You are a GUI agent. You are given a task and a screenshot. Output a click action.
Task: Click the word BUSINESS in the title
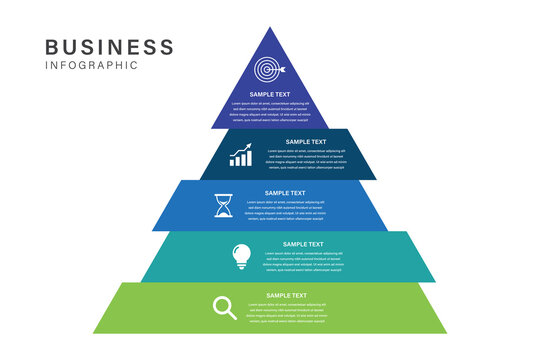tap(110, 46)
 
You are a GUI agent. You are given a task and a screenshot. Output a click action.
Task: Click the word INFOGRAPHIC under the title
tap(92, 66)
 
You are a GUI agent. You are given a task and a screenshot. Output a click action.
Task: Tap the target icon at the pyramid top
tap(268, 70)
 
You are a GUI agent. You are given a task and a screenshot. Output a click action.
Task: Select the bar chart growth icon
tap(241, 156)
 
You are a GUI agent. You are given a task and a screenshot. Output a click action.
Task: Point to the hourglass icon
tap(222, 206)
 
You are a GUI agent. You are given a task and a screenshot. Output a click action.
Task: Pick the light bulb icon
tap(241, 256)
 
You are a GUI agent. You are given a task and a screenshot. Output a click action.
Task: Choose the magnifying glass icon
tap(225, 307)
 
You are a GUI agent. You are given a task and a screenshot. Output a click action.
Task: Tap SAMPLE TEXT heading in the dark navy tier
tap(305, 142)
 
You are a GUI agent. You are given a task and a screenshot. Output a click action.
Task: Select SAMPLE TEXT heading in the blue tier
tap(285, 193)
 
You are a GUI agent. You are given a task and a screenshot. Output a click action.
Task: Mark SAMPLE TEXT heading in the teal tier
tap(303, 244)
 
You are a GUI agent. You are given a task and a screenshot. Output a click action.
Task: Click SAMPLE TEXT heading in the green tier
tap(286, 295)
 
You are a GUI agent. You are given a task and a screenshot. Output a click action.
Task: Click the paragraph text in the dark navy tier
tap(305, 160)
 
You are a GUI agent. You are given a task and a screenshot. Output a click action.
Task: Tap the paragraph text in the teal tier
tap(303, 262)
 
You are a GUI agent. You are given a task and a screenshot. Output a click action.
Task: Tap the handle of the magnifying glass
tap(232, 315)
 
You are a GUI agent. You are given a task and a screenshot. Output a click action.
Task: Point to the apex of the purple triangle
tap(269, 30)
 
